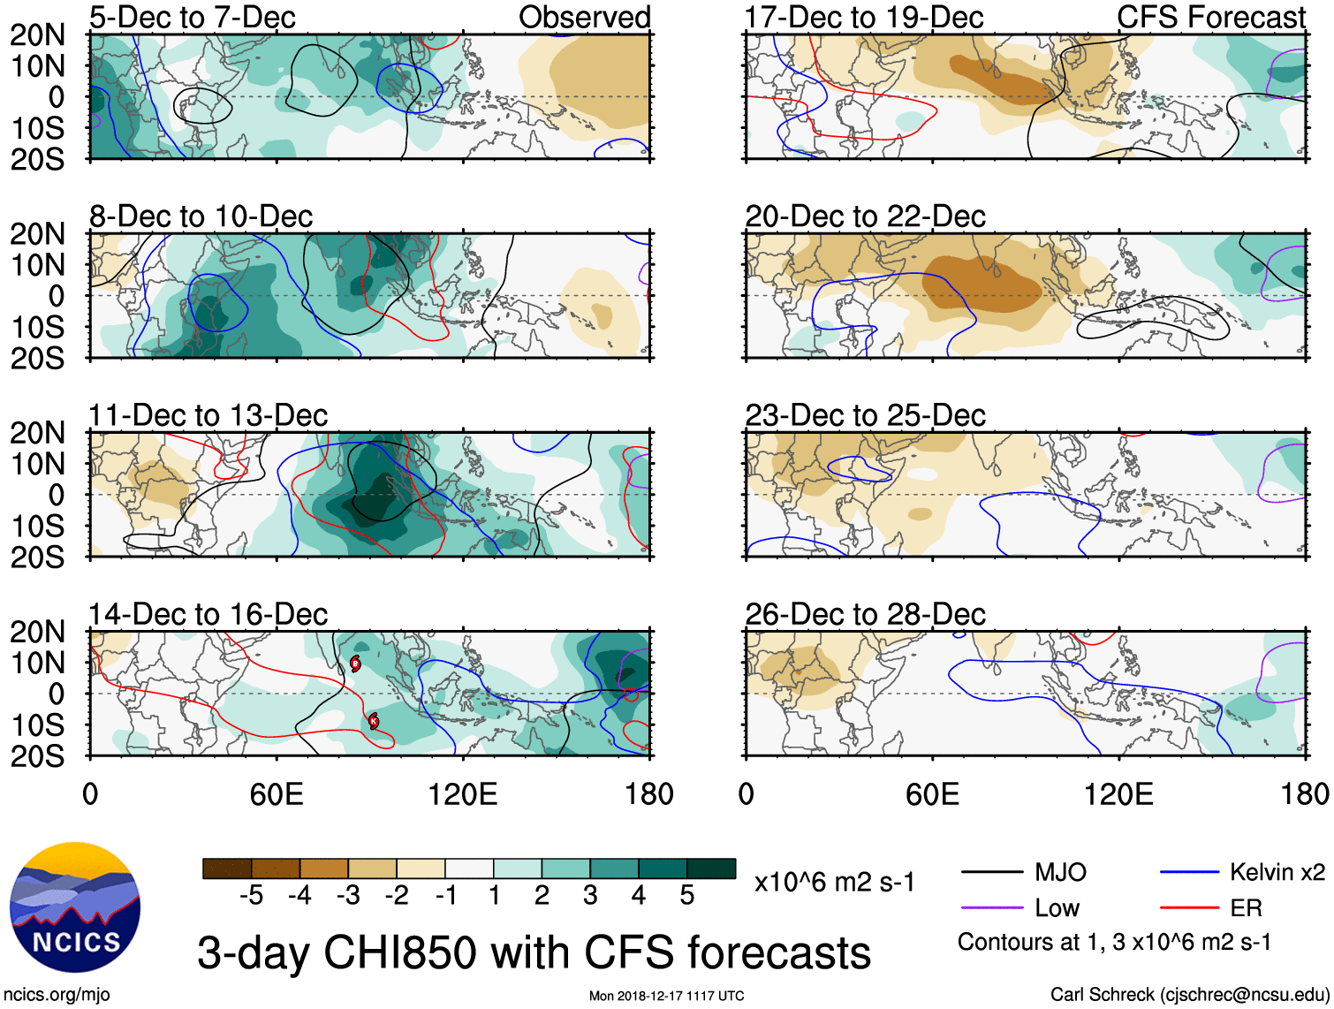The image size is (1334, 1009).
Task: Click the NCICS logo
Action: point(75,907)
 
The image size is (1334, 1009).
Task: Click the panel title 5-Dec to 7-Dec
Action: point(192,18)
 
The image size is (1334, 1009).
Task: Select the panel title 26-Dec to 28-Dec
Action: point(865,614)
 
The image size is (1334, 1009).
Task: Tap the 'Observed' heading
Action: point(584,18)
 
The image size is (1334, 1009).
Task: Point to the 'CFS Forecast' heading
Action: point(1210,18)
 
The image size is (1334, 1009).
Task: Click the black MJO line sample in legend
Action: point(991,873)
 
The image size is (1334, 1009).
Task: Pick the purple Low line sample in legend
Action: point(991,907)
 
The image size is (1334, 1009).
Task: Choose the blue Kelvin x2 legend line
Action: point(1189,873)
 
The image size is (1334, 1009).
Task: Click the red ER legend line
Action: point(1189,907)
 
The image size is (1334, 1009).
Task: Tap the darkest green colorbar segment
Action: point(711,869)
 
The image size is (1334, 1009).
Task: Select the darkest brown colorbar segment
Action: point(226,869)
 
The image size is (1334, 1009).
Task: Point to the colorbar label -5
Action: point(251,896)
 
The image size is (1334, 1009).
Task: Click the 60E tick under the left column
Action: point(277,794)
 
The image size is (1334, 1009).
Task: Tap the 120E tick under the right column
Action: point(1118,794)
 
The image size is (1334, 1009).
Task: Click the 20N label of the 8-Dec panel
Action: point(37,234)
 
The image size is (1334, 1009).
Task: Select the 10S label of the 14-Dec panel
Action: point(37,725)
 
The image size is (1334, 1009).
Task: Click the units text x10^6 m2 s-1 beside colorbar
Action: point(834,882)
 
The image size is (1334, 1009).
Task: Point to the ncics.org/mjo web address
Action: point(57,995)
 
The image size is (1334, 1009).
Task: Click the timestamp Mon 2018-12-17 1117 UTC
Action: point(666,996)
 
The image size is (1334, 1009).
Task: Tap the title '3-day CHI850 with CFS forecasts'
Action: point(534,952)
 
